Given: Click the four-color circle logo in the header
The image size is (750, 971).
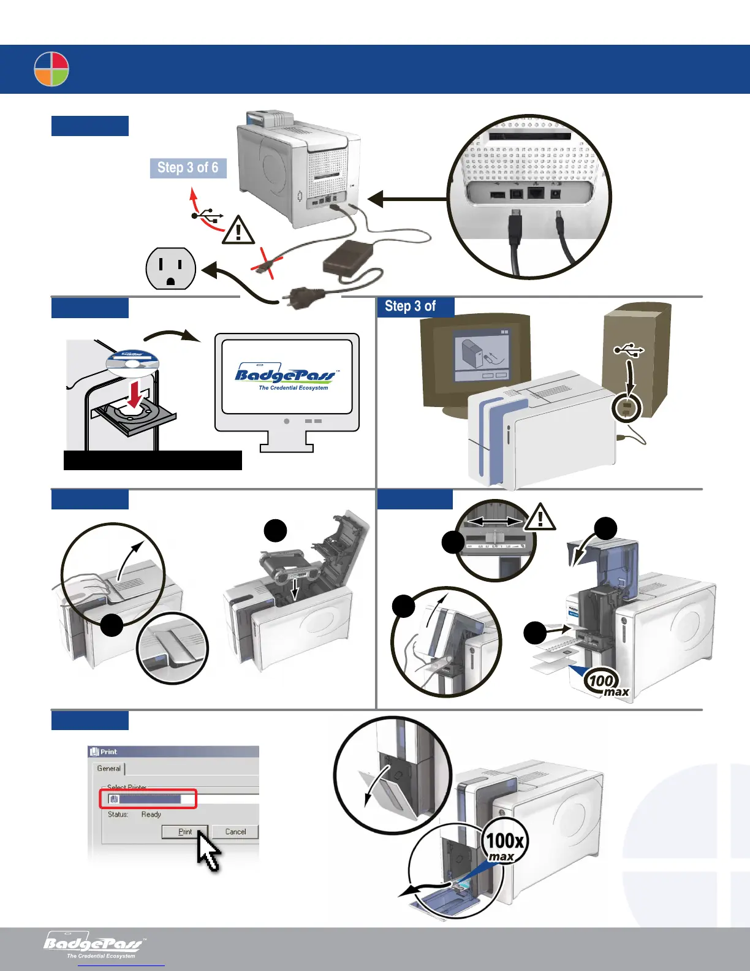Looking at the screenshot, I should pos(51,69).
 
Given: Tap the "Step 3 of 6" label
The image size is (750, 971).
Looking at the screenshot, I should pos(188,168).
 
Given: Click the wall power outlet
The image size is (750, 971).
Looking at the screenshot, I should pos(170,268).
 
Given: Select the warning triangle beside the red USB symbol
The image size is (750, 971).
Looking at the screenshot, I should pos(238,231).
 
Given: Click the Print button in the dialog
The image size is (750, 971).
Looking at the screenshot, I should pos(184,832).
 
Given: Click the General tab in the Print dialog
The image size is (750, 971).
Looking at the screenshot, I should pos(109,769).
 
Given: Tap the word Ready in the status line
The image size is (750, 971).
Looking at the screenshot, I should pos(151,815).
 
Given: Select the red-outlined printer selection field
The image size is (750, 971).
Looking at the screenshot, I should pos(148,799).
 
